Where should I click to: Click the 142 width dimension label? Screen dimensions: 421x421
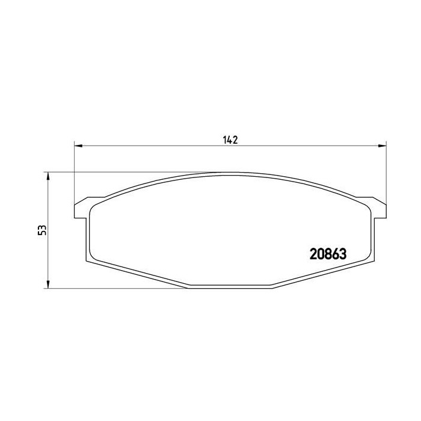[230, 140]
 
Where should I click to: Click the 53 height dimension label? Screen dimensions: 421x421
[42, 230]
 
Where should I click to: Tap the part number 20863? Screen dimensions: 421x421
[328, 254]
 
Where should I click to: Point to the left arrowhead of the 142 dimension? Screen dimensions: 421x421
[78, 146]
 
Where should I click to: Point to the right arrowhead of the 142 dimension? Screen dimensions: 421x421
[383, 146]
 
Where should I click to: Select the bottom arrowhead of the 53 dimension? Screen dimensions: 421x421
[48, 284]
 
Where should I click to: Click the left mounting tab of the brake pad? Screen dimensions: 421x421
[81, 209]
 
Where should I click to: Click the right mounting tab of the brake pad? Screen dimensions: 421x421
[379, 209]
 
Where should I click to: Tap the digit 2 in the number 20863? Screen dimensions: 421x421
[313, 254]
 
